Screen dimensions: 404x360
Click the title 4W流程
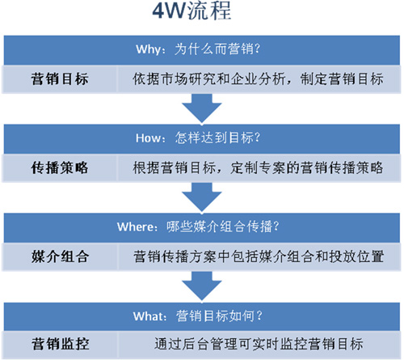191,11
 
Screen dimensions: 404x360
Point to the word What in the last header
148,316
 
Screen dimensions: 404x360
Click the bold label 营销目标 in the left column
60,79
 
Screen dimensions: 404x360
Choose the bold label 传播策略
60,167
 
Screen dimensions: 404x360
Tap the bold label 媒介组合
60,256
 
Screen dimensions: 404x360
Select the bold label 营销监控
60,345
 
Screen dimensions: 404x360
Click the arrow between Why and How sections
202,108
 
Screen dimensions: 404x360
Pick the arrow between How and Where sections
202,197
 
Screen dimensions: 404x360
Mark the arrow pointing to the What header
202,286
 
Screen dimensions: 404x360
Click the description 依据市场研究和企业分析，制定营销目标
258,79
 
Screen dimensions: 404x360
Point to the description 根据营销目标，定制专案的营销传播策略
258,167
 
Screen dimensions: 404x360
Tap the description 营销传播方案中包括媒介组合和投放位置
259,256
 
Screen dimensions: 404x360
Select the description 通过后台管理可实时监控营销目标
259,345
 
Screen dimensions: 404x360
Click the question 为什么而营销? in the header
217,49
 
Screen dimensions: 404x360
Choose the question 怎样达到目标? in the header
217,138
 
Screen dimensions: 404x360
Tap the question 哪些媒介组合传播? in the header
223,227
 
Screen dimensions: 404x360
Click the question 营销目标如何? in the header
219,316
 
